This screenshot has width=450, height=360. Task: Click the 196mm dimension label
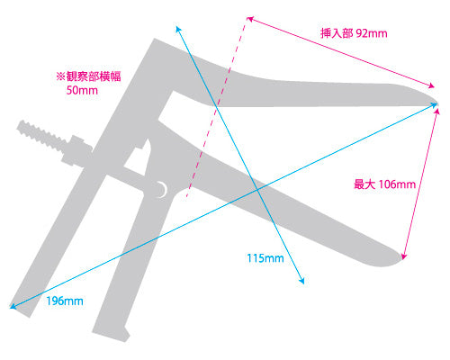click(x=65, y=301)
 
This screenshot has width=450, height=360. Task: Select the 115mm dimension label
click(x=265, y=258)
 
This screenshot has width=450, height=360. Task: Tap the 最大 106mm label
click(x=384, y=184)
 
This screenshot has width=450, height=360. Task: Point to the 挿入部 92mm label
click(x=354, y=33)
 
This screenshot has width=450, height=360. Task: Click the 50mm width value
click(x=82, y=90)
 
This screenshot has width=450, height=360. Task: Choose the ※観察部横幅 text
click(x=88, y=76)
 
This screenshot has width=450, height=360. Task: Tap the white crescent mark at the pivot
click(x=163, y=190)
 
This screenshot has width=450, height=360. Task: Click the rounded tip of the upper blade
click(x=436, y=102)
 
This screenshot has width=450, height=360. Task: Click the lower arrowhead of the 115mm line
click(x=302, y=281)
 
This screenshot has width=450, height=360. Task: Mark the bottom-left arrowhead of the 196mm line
click(x=12, y=306)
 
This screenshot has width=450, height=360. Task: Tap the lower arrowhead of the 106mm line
click(x=404, y=256)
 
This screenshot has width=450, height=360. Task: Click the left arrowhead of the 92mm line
click(x=249, y=19)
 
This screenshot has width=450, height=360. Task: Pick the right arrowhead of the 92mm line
click(x=432, y=86)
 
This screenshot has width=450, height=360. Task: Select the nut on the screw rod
click(x=77, y=150)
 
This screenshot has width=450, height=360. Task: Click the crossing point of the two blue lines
click(x=257, y=190)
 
